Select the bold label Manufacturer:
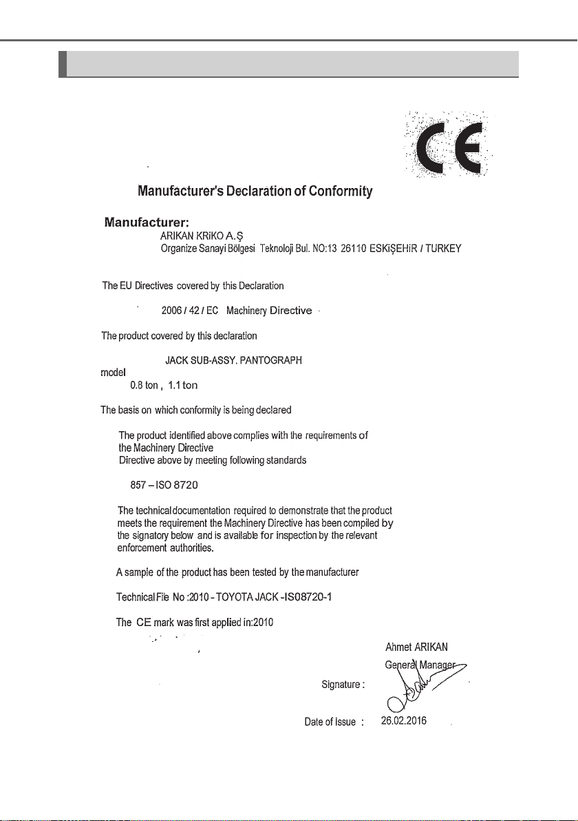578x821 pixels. pyautogui.click(x=147, y=222)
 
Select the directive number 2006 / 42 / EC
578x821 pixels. pyautogui.click(x=189, y=311)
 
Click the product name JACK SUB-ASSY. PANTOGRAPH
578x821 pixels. pyautogui.click(x=233, y=360)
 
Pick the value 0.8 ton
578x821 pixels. pyautogui.click(x=142, y=385)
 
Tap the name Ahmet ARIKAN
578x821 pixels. pyautogui.click(x=418, y=647)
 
